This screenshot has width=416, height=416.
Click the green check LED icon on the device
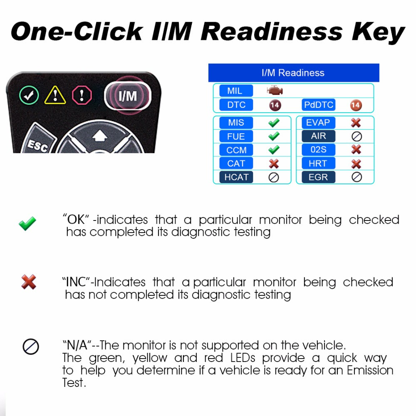pyautogui.click(x=29, y=95)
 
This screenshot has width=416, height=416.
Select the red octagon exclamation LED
pyautogui.click(x=82, y=95)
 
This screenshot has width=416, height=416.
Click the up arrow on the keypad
pyautogui.click(x=100, y=136)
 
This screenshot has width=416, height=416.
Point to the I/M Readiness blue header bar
pyautogui.click(x=294, y=73)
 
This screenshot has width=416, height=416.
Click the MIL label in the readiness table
pyautogui.click(x=236, y=91)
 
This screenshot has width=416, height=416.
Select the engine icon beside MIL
pyautogui.click(x=275, y=91)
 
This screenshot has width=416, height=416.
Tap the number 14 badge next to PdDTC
pyautogui.click(x=356, y=105)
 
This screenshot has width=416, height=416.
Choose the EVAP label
pyautogui.click(x=318, y=123)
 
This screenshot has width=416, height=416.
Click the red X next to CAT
pyautogui.click(x=274, y=163)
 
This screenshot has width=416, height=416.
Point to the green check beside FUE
pyautogui.click(x=274, y=136)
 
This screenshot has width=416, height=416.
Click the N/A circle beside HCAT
pyautogui.click(x=274, y=178)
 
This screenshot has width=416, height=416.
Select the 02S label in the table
pyautogui.click(x=318, y=150)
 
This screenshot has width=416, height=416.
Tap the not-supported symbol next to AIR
pyautogui.click(x=357, y=136)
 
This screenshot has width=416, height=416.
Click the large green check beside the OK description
pyautogui.click(x=27, y=223)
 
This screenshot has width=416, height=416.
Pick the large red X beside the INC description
pyautogui.click(x=29, y=282)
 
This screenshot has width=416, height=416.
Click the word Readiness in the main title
pyautogui.click(x=272, y=32)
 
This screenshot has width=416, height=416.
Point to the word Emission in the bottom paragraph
pyautogui.click(x=370, y=370)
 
